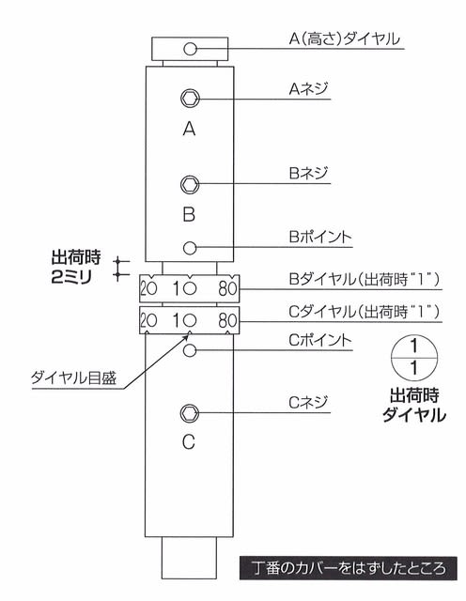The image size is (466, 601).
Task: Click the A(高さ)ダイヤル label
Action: [344, 39]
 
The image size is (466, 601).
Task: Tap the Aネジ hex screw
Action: [190, 99]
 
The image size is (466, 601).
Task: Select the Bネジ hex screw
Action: [190, 184]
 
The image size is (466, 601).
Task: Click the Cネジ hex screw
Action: [190, 413]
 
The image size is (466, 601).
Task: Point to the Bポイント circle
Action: [190, 248]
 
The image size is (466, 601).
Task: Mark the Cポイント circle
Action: [190, 350]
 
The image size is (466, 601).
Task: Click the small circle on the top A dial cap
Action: [190, 49]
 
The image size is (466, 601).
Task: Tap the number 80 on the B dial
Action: [227, 288]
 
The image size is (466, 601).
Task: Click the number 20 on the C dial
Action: [148, 320]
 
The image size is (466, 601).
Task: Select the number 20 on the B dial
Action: [148, 288]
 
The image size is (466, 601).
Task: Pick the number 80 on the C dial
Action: [227, 320]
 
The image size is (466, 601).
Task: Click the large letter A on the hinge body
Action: [189, 129]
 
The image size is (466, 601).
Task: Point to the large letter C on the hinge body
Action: [188, 442]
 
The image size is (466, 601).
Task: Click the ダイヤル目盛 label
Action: [73, 378]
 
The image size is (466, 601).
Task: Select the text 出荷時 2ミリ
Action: [76, 267]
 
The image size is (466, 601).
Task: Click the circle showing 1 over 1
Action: [413, 358]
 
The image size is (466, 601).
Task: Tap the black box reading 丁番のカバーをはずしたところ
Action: [349, 568]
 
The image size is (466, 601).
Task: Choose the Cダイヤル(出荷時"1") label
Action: [364, 312]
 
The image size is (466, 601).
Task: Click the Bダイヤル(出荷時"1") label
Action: [364, 279]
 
